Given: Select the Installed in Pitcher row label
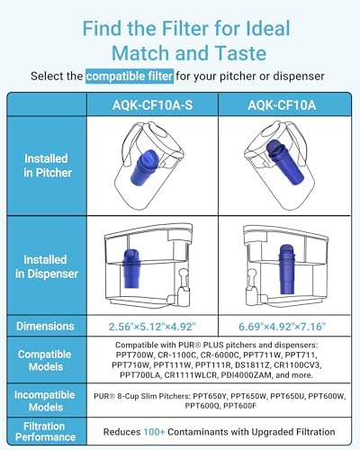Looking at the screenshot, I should pos(45,166).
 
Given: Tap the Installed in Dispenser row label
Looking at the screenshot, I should pos(45,266).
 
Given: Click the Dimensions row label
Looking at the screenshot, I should pos(45,325).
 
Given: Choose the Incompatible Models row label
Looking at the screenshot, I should pos(45,400).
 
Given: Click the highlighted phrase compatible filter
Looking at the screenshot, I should pos(124,76).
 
